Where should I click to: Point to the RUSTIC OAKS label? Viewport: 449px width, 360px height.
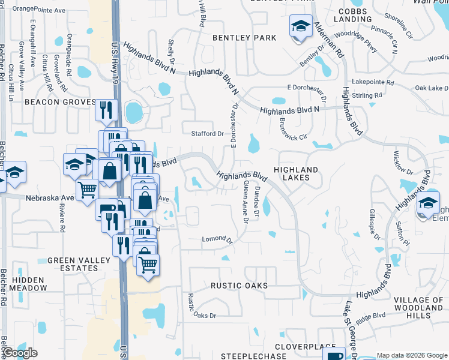[240, 286]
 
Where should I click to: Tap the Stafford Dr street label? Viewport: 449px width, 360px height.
[207, 133]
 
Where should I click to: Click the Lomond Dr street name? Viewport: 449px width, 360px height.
[217, 240]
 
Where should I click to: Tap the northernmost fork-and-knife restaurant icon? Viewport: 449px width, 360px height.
[106, 110]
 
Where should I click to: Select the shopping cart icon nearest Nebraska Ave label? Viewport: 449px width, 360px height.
[88, 189]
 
